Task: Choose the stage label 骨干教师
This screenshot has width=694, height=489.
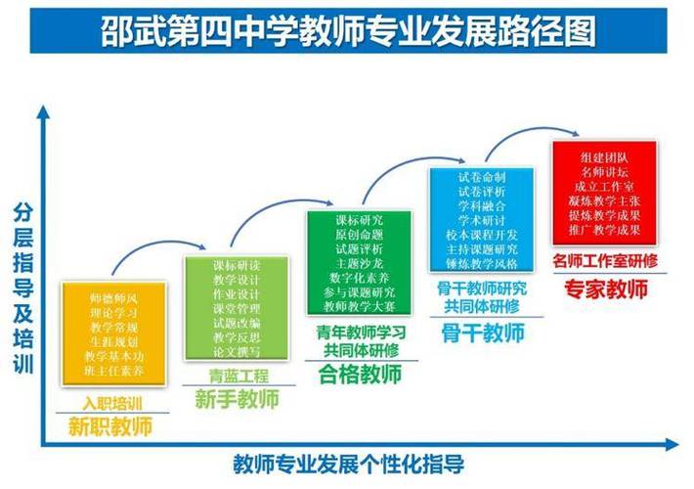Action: point(482,333)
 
